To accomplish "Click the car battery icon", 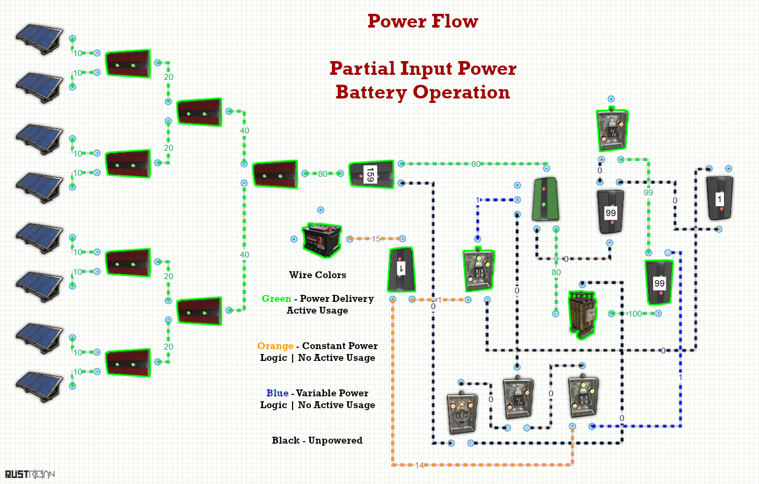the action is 322,240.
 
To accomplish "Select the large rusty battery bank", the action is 583,315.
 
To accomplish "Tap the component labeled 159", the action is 371,174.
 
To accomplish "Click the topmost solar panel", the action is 39,38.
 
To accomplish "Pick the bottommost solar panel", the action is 39,387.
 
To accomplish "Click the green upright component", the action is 546,199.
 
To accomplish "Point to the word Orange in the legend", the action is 275,346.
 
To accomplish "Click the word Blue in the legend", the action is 277,393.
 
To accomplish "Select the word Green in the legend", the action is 276,299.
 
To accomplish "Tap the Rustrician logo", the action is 30,474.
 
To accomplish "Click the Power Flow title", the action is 423,21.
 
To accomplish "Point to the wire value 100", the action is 635,314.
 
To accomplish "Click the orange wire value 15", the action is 376,239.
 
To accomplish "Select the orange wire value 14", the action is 420,465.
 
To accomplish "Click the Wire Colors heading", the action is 318,275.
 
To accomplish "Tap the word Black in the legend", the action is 286,440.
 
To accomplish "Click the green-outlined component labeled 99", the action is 659,283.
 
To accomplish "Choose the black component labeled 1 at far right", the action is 720,199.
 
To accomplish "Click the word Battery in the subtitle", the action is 371,93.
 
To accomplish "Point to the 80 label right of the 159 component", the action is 476,164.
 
